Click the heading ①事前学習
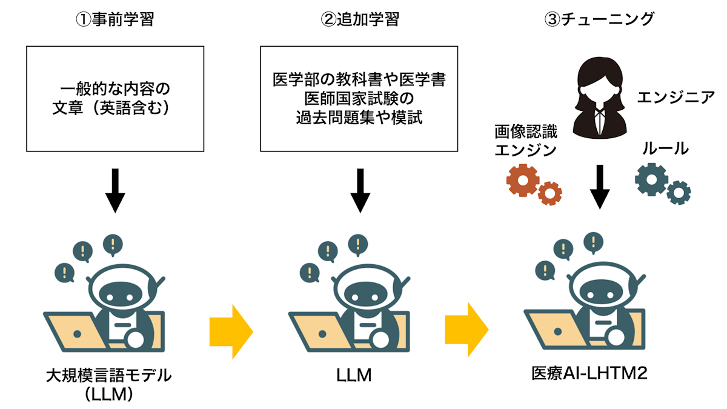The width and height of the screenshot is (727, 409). coord(115,20)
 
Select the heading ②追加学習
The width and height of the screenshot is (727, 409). coord(360,20)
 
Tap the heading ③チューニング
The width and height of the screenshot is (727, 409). coord(599,20)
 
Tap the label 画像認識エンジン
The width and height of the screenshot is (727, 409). coord(525,141)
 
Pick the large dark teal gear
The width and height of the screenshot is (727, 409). coord(651,179)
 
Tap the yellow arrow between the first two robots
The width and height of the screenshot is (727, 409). coord(231,329)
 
